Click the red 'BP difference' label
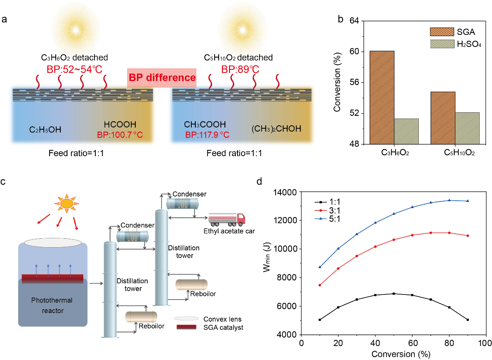(162, 77)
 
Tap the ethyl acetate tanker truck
(227, 219)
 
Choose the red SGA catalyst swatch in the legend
(187, 327)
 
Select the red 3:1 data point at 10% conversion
(319, 285)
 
